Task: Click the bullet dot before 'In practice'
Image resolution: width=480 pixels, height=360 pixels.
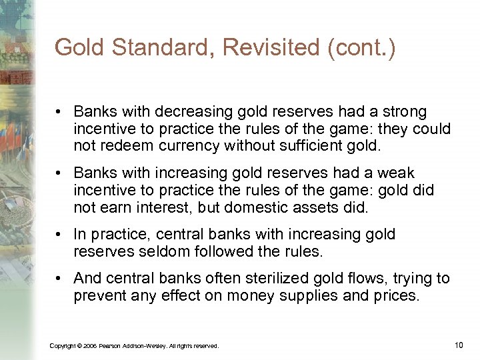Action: [59, 235]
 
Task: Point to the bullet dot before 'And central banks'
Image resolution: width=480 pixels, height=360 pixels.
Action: [59, 279]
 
